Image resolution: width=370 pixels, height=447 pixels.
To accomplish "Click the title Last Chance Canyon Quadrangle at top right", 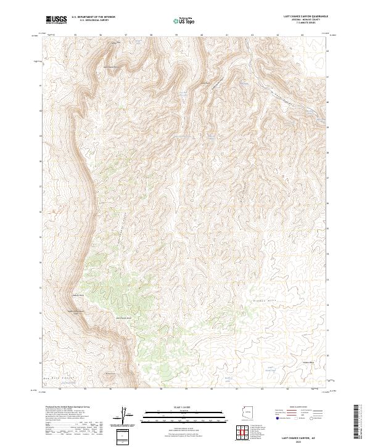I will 305,17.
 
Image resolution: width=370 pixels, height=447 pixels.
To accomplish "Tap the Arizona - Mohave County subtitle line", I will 305,20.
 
